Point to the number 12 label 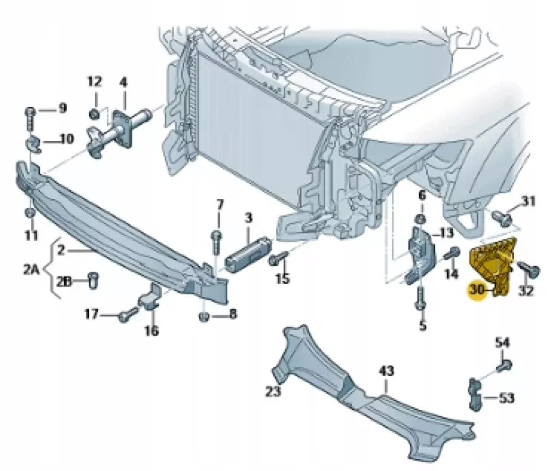point(94,82)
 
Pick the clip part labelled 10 point(33,143)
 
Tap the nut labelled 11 point(30,214)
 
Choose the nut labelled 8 point(204,318)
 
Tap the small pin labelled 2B point(93,280)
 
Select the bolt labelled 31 point(501,217)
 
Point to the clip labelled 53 point(475,392)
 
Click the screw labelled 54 point(502,366)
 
